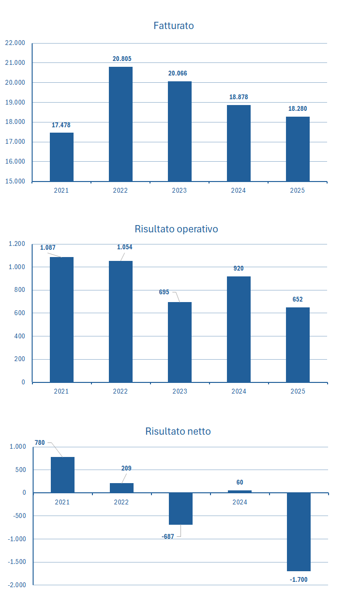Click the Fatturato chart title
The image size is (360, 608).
tap(174, 26)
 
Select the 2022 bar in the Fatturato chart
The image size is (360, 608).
tap(120, 124)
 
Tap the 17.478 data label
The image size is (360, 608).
tap(61, 125)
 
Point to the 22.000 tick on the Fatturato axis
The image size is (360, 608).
tap(15, 43)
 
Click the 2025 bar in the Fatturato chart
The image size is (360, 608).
tap(298, 149)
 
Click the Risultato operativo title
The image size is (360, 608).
tap(176, 229)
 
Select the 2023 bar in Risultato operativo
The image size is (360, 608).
tap(180, 342)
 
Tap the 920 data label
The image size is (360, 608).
tap(238, 269)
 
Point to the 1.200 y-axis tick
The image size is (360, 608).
tap(16, 243)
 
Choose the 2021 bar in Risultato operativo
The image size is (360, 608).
tap(61, 319)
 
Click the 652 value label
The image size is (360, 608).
tap(298, 300)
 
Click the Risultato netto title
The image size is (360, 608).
tap(178, 431)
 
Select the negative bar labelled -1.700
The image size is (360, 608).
tap(299, 532)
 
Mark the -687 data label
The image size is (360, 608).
tap(168, 536)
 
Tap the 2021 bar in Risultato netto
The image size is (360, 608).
tap(62, 475)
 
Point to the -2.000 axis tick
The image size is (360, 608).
tap(17, 585)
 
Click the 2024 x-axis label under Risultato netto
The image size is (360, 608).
tap(240, 502)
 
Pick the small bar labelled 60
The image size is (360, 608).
tap(240, 491)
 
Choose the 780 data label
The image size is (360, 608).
tap(40, 442)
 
